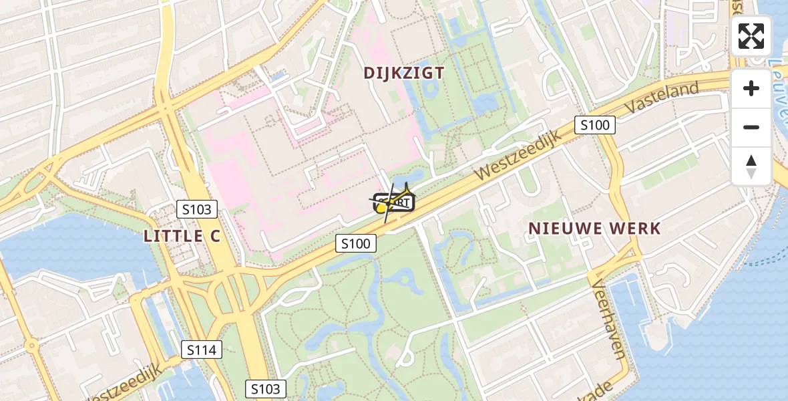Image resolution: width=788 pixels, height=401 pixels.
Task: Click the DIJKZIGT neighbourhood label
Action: click(x=404, y=74)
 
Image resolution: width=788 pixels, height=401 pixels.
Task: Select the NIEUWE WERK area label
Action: click(x=594, y=229)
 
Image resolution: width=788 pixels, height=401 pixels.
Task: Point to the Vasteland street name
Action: click(x=663, y=98)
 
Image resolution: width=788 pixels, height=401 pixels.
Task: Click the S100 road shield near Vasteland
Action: click(x=594, y=125)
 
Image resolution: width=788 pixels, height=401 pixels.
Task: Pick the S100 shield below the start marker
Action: click(x=355, y=244)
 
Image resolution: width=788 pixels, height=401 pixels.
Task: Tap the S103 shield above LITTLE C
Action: click(x=196, y=209)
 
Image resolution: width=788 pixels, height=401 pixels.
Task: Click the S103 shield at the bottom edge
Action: click(x=266, y=389)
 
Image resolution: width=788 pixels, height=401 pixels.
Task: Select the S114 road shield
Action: click(x=201, y=349)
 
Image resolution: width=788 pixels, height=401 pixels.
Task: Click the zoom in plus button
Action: click(x=751, y=88)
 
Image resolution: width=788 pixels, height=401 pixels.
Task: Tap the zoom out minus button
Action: click(x=751, y=127)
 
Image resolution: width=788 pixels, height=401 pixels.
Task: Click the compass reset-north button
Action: click(x=751, y=166)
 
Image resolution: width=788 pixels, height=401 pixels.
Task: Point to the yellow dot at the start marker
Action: click(x=381, y=209)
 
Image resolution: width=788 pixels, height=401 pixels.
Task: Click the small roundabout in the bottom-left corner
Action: click(x=31, y=346)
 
